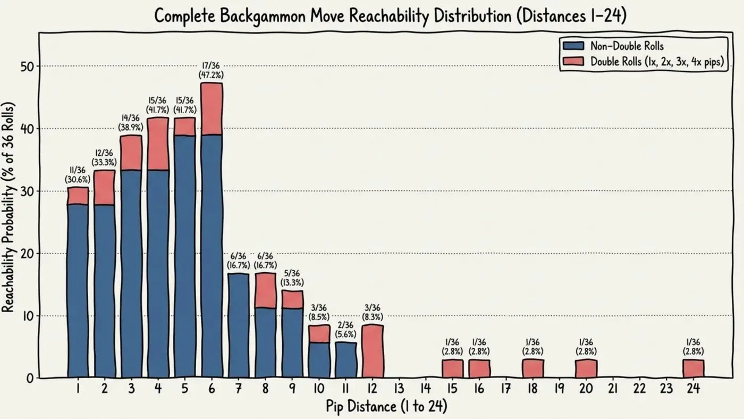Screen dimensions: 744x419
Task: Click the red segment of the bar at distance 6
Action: click(x=212, y=108)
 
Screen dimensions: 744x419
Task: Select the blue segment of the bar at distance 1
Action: click(x=78, y=291)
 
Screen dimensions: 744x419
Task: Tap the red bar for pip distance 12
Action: click(x=373, y=351)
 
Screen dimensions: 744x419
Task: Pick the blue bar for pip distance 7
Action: click(x=239, y=325)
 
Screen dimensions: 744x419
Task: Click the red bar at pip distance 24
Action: click(x=693, y=368)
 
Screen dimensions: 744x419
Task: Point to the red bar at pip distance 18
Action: click(x=532, y=368)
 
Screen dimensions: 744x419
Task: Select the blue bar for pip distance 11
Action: click(x=346, y=360)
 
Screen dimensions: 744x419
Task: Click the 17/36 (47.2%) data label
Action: click(x=211, y=70)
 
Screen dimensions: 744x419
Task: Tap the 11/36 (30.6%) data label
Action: click(x=78, y=175)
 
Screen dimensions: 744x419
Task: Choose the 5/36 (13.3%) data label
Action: click(x=292, y=278)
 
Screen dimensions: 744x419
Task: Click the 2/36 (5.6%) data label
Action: click(x=345, y=330)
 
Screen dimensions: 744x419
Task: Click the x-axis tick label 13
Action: click(x=399, y=388)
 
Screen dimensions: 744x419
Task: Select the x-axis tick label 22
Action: click(x=640, y=388)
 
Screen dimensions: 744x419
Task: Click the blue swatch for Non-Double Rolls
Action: click(x=573, y=46)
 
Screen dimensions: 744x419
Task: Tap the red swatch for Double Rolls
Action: click(x=573, y=61)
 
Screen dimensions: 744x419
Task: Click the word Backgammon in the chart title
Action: click(x=263, y=16)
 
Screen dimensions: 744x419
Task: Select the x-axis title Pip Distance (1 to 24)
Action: click(x=386, y=407)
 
